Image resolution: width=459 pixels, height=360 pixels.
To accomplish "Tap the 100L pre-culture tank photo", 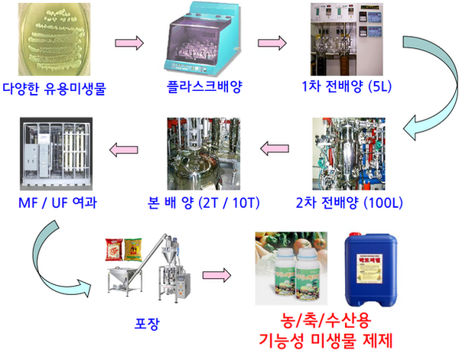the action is point(353,156).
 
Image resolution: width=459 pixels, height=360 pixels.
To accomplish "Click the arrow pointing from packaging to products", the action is point(217,274).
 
